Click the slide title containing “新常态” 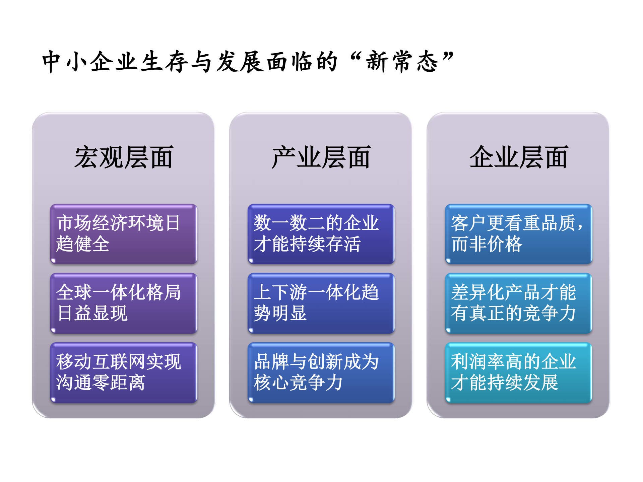[248, 62]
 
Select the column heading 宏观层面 [123, 157]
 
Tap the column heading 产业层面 [321, 157]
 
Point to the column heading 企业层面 [518, 157]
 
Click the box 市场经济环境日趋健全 [123, 234]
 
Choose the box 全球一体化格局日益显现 [123, 303]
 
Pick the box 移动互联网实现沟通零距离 [123, 372]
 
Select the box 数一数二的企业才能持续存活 [321, 234]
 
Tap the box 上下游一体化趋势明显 [321, 303]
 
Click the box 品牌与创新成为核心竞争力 [321, 372]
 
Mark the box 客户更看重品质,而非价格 [518, 234]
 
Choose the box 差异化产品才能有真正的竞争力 [518, 303]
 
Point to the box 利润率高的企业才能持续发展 [518, 372]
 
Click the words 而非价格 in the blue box [487, 244]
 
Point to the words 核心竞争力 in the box [298, 383]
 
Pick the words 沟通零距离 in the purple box [101, 383]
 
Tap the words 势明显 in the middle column [280, 314]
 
